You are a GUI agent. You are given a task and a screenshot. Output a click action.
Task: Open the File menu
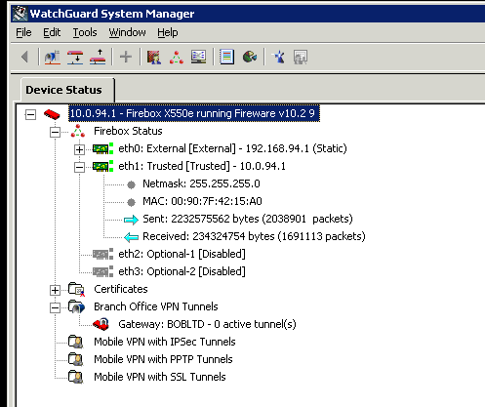pyautogui.click(x=23, y=32)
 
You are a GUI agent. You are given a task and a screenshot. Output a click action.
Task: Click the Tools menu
pyautogui.click(x=85, y=32)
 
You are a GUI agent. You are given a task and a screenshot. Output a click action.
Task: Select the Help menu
pyautogui.click(x=168, y=32)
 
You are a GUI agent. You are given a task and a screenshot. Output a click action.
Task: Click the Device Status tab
pyautogui.click(x=64, y=90)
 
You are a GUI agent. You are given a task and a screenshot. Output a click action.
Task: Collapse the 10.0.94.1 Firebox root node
pyautogui.click(x=30, y=114)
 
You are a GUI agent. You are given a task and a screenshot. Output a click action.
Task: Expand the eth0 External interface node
pyautogui.click(x=79, y=149)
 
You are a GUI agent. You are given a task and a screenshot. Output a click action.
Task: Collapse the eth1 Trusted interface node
pyautogui.click(x=79, y=167)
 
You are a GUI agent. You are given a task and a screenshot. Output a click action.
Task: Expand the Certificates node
pyautogui.click(x=55, y=290)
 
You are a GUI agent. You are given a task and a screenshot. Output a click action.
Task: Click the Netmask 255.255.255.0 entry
pyautogui.click(x=201, y=183)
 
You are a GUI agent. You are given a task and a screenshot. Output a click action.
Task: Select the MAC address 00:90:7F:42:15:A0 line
pyautogui.click(x=202, y=201)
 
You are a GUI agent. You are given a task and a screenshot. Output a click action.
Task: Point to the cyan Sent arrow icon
pyautogui.click(x=132, y=220)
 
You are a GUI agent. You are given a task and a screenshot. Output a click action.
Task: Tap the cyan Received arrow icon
pyautogui.click(x=132, y=237)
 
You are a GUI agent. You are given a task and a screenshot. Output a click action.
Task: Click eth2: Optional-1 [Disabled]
pyautogui.click(x=182, y=254)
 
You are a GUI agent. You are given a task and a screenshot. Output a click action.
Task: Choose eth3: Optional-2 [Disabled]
pyautogui.click(x=182, y=271)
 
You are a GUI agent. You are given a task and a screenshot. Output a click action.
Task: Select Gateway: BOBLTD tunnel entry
pyautogui.click(x=207, y=324)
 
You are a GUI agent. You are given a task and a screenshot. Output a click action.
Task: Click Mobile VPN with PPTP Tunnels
pyautogui.click(x=163, y=359)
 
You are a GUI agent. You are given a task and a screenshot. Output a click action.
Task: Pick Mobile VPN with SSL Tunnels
pyautogui.click(x=160, y=377)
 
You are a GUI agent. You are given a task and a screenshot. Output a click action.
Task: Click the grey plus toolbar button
pyautogui.click(x=126, y=58)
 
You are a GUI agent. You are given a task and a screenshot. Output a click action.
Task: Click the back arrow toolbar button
pyautogui.click(x=24, y=58)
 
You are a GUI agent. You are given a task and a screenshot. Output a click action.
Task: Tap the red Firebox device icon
pyautogui.click(x=52, y=114)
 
